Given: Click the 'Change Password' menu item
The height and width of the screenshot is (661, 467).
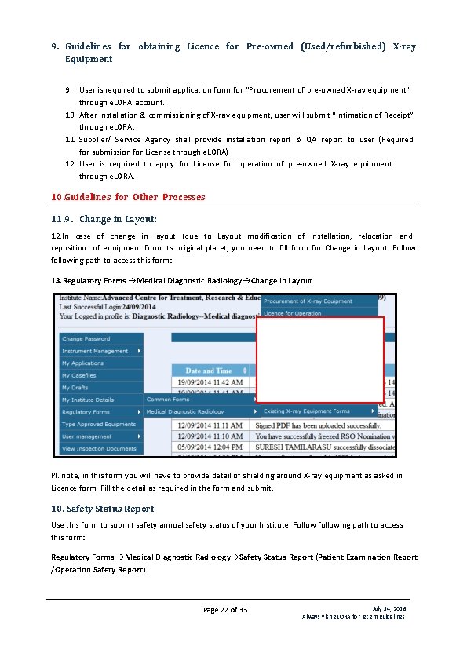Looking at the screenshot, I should click(x=86, y=339).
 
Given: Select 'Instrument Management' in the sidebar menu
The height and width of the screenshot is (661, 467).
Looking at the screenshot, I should click(x=95, y=351).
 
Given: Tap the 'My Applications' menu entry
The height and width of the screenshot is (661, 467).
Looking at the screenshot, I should click(x=82, y=363).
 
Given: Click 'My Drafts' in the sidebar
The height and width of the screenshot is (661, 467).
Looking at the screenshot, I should click(x=75, y=388).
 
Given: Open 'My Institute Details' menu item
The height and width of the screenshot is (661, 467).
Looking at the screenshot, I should click(x=88, y=400).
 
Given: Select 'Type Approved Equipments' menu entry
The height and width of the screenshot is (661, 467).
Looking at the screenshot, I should click(x=99, y=424).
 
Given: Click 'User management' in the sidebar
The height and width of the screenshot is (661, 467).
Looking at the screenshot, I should click(x=87, y=436).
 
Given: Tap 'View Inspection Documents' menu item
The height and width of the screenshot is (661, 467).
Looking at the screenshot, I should click(x=100, y=448).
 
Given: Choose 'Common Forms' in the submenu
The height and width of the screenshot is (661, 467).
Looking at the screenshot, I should click(x=168, y=400).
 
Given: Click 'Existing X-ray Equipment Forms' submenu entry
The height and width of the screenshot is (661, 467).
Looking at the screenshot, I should click(x=307, y=411).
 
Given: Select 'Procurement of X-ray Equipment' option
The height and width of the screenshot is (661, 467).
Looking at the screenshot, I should click(x=308, y=301).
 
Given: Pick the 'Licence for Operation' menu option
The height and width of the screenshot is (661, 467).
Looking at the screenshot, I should click(x=292, y=313).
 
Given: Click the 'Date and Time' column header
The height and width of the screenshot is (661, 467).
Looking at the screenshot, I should click(x=209, y=371).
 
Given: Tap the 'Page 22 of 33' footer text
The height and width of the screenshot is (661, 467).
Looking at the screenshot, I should click(x=225, y=610).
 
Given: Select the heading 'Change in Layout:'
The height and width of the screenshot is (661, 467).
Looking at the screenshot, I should click(x=118, y=219).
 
